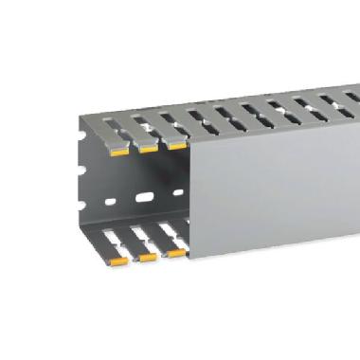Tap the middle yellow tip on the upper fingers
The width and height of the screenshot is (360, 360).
(x=149, y=147)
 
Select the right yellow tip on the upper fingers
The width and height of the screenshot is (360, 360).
(x=176, y=144)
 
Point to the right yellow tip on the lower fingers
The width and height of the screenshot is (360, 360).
(x=176, y=252)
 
